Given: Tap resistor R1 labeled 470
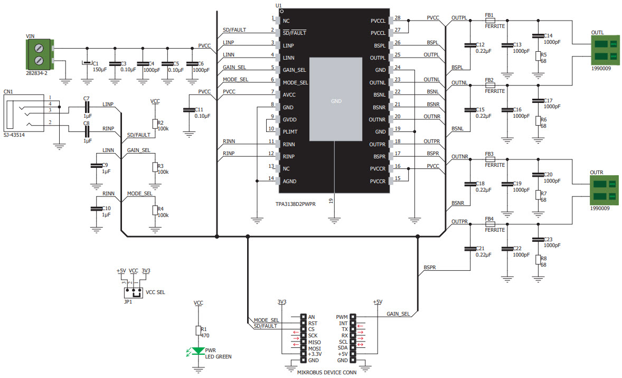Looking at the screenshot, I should (x=199, y=331).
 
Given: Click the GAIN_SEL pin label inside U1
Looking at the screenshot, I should (x=295, y=70).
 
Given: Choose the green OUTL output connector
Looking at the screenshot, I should (x=604, y=49).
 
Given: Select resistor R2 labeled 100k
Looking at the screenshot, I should (x=155, y=124).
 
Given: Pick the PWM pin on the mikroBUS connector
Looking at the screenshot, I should (x=353, y=317).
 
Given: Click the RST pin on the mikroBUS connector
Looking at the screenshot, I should (x=303, y=323).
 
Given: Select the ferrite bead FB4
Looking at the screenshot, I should (x=489, y=224).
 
